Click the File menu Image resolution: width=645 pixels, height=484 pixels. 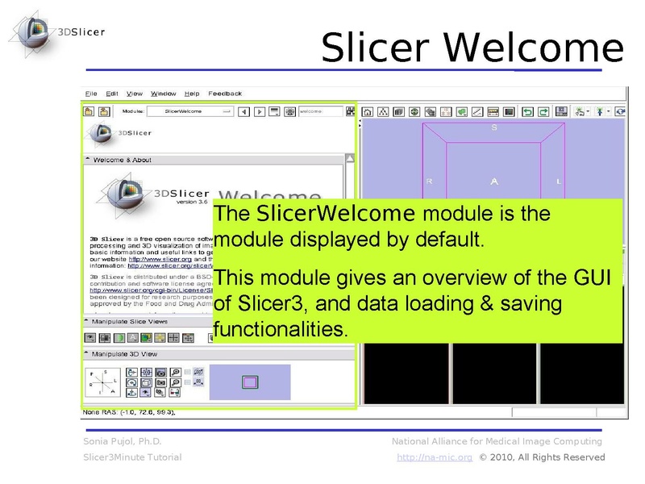91,94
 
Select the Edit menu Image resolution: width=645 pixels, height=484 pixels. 112,94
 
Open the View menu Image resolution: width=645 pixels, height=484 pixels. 135,94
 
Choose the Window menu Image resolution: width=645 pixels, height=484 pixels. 164,94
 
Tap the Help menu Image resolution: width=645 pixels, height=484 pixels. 192,94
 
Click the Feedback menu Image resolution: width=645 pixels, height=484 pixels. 225,94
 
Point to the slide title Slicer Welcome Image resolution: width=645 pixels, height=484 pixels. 472,48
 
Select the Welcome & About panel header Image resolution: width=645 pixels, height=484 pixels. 123,160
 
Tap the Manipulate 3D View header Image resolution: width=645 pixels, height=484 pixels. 126,354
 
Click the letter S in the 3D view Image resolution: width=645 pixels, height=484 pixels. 494,128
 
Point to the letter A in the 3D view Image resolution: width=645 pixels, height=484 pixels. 494,181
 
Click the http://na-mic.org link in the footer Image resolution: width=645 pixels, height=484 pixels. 435,457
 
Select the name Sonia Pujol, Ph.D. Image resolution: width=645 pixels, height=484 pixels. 123,441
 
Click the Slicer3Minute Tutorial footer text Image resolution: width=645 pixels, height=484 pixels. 132,457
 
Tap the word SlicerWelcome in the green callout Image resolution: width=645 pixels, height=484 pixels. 335,214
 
